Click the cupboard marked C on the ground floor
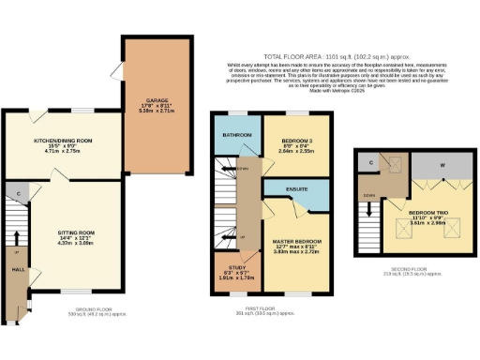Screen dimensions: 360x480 click(x=18, y=195)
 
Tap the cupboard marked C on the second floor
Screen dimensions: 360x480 click(x=371, y=163)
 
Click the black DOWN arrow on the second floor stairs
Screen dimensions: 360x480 click(x=370, y=215)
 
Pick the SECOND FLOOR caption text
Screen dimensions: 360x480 click(x=416, y=271)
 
